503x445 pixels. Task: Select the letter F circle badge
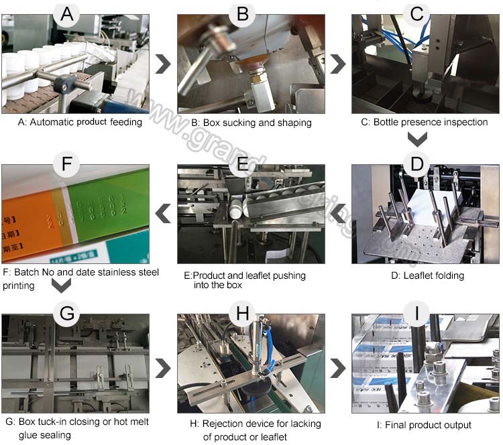[x=65, y=164]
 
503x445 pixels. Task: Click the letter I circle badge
[x=416, y=313]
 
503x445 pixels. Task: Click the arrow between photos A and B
[x=162, y=64]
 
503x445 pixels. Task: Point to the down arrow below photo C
[x=417, y=139]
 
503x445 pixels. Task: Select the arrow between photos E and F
[x=162, y=213]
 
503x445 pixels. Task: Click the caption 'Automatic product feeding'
[x=80, y=122]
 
